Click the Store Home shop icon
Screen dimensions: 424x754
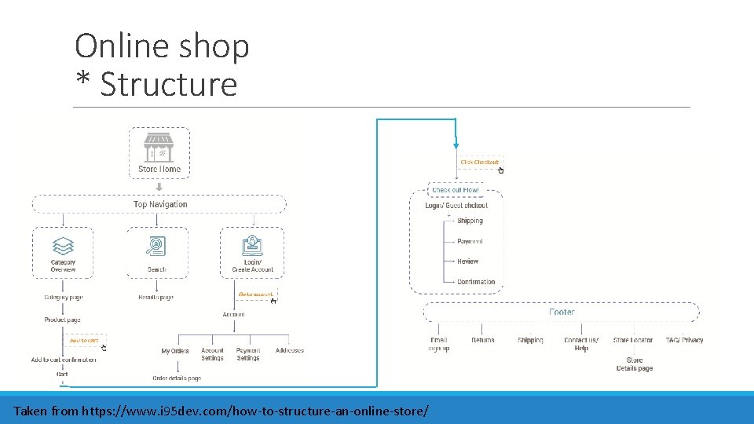pyautogui.click(x=159, y=147)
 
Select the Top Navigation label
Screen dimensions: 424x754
pyautogui.click(x=160, y=204)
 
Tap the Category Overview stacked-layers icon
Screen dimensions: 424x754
pyautogui.click(x=63, y=246)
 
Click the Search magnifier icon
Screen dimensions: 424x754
pyautogui.click(x=156, y=246)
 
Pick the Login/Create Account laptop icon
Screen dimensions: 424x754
pyautogui.click(x=252, y=245)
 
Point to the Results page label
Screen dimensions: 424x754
pyautogui.click(x=156, y=298)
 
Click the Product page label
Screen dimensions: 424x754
pyautogui.click(x=63, y=320)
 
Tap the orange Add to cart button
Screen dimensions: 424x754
pyautogui.click(x=84, y=341)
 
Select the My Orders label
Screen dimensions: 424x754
pyautogui.click(x=175, y=351)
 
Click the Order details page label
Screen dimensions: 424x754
pyautogui.click(x=177, y=378)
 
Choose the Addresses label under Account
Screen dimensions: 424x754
pyautogui.click(x=290, y=350)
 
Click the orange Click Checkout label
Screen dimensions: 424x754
pyautogui.click(x=479, y=163)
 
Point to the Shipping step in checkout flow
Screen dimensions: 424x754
pyautogui.click(x=470, y=221)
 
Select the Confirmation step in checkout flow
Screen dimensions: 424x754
pyautogui.click(x=476, y=282)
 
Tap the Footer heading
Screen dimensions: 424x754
pyautogui.click(x=562, y=312)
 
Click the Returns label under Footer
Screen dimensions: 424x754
pyautogui.click(x=483, y=340)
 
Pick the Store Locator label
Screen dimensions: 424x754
pyautogui.click(x=633, y=340)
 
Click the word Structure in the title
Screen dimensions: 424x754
pyautogui.click(x=168, y=84)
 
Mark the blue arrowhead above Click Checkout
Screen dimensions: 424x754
pyautogui.click(x=456, y=145)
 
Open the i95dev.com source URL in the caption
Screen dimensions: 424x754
pyautogui.click(x=255, y=411)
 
